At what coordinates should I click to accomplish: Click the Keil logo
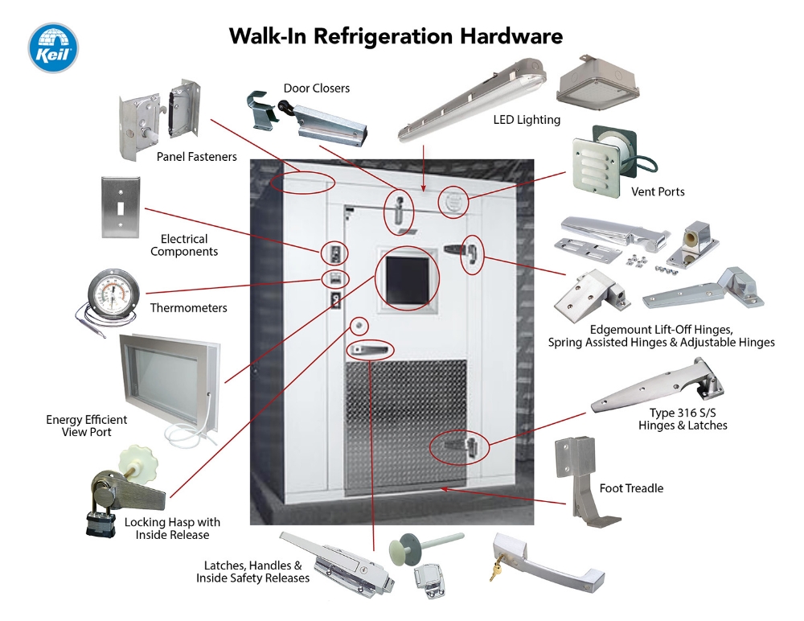53,47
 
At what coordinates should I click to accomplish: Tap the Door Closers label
316,88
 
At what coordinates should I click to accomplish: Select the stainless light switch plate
118,207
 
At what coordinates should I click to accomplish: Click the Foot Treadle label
631,488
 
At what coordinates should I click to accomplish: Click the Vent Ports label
658,192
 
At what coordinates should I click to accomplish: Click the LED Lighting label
527,120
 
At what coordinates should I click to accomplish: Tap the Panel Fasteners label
196,157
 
